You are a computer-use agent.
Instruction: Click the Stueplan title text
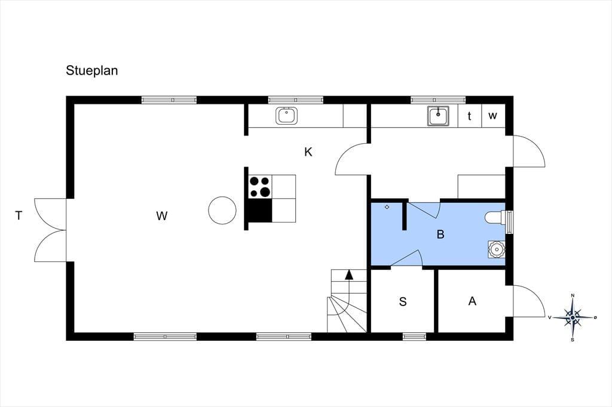coord(91,71)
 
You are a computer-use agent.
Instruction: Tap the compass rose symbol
coord(573,317)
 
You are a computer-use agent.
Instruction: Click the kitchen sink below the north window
coord(286,115)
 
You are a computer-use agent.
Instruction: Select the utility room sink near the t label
coord(438,115)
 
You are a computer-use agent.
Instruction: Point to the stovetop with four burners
coord(261,187)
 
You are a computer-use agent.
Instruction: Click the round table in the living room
coord(222,210)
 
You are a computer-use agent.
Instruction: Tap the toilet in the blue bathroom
coord(495,218)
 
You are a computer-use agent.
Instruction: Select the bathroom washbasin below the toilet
coord(497,249)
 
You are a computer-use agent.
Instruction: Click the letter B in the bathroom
coord(440,235)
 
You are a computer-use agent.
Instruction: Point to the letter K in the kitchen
coord(308,152)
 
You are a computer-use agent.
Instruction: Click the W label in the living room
coord(162,215)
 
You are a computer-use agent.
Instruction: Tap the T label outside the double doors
coord(19,215)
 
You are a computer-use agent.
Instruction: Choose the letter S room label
coord(403,301)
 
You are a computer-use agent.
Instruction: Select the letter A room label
coord(472,301)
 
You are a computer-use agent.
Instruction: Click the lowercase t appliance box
coord(470,116)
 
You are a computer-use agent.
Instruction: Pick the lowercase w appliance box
coord(493,116)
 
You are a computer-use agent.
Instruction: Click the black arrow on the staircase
coord(349,275)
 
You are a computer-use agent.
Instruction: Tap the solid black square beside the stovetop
coord(261,210)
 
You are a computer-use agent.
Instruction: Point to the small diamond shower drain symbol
coord(387,207)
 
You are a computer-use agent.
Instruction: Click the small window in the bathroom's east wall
coord(509,222)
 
